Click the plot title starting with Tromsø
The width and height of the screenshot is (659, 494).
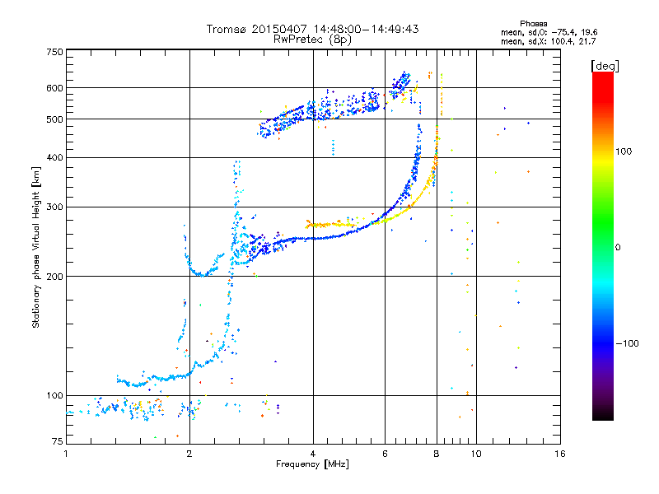(312, 29)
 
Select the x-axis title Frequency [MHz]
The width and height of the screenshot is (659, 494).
(312, 464)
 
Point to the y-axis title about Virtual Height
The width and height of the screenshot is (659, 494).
(36, 248)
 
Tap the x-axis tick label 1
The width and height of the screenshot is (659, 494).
(67, 454)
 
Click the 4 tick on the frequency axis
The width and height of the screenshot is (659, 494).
(313, 454)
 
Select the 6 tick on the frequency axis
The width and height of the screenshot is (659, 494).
(385, 454)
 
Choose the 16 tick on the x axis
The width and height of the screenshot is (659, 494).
(559, 454)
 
